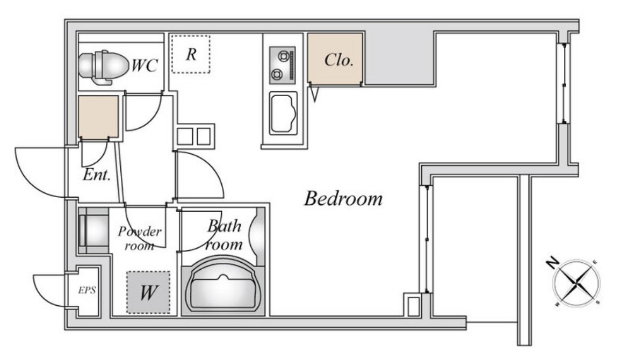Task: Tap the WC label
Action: click(145, 66)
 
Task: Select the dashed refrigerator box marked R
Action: click(191, 54)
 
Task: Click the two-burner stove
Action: click(283, 65)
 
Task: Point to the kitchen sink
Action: click(283, 113)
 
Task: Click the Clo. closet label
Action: click(338, 60)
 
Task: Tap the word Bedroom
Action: click(343, 198)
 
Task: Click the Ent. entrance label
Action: click(96, 175)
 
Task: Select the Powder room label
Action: click(140, 239)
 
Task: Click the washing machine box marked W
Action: click(148, 292)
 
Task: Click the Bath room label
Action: click(225, 235)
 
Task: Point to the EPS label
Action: click(87, 290)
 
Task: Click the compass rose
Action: click(576, 283)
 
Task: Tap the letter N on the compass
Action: click(552, 263)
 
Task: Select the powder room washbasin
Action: click(93, 231)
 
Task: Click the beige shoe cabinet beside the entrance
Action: click(98, 117)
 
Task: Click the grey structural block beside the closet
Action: click(400, 59)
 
